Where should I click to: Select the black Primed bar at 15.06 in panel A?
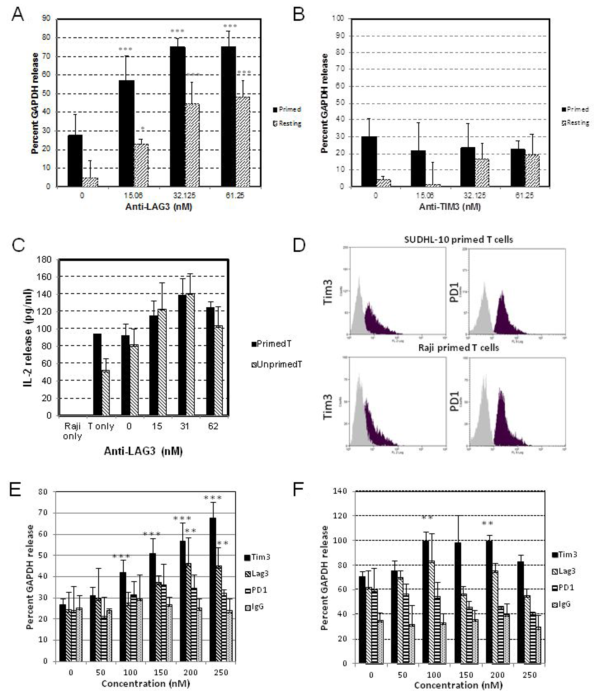click(127, 133)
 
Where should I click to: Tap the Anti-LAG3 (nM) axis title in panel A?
click(159, 207)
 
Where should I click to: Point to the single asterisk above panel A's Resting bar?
click(143, 128)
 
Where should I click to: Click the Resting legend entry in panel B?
click(575, 123)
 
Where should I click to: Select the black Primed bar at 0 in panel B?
click(369, 162)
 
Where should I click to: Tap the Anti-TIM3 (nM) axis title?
click(450, 207)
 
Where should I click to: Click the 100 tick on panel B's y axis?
click(338, 18)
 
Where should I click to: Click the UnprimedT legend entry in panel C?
click(277, 365)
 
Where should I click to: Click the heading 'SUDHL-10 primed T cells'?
click(458, 239)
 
